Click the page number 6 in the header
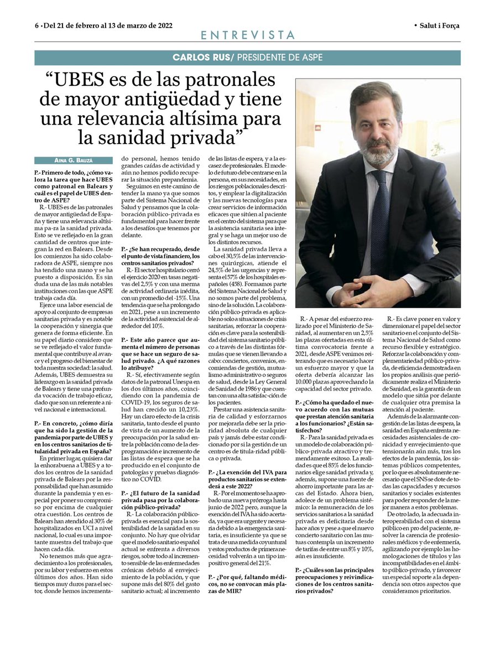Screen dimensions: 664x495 (37, 25)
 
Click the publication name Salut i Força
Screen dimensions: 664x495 (440, 25)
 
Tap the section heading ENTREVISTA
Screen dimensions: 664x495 (247, 35)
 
